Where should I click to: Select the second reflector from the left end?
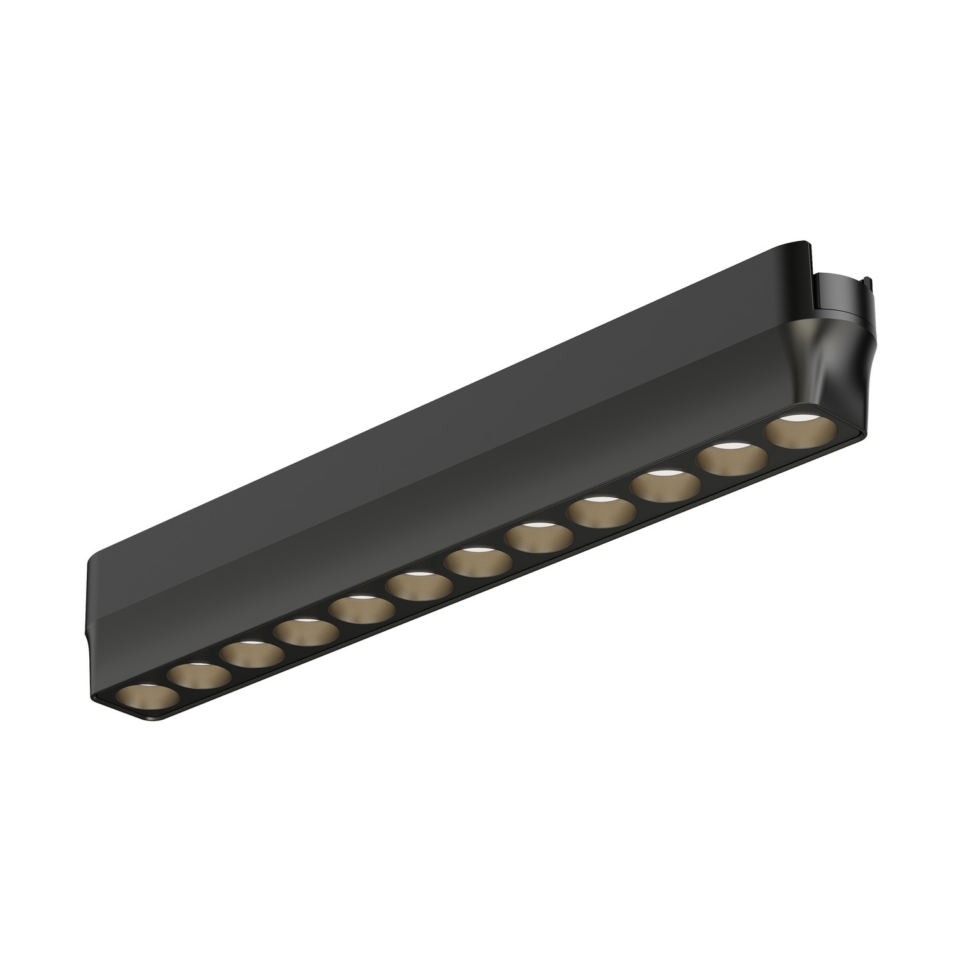(x=198, y=675)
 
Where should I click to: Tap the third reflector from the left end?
(x=251, y=654)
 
